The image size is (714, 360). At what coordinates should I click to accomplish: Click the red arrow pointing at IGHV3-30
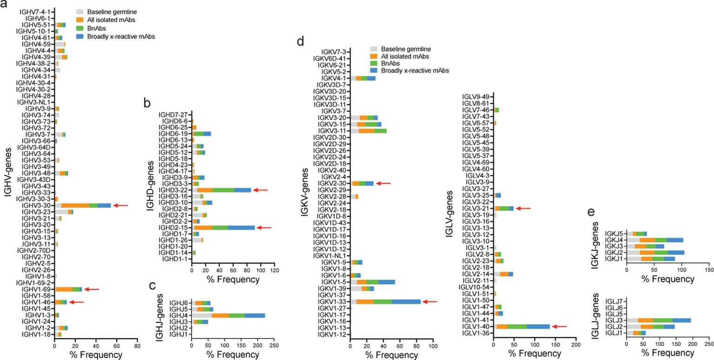pyautogui.click(x=119, y=205)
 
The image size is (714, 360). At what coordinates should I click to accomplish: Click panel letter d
pyautogui.click(x=301, y=42)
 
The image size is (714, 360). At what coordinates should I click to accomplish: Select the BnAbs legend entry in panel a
pyautogui.click(x=93, y=27)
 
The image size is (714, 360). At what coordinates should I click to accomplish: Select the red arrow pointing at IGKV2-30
pyautogui.click(x=383, y=184)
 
